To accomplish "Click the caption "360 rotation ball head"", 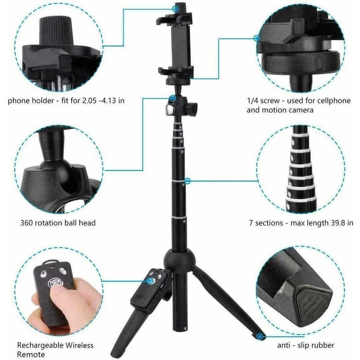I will tap(58, 222).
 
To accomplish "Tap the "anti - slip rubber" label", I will tap(305, 346).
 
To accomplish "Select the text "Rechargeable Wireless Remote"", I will tap(55, 350).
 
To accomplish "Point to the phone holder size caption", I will tap(66, 100).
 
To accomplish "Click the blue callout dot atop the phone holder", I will tap(175, 8).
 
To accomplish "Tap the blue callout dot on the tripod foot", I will tap(260, 335).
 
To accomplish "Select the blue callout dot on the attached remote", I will tap(149, 280).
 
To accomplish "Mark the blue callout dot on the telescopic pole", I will tap(188, 181).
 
